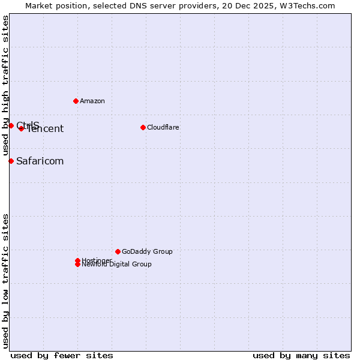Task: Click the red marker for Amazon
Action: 76,101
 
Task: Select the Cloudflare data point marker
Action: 143,127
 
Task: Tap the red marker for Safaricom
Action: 11,161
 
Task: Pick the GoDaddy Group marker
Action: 118,251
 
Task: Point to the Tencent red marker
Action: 21,128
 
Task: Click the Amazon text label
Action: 92,101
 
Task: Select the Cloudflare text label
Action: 163,127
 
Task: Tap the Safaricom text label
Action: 40,161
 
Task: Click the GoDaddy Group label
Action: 147,251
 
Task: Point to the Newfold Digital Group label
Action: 117,265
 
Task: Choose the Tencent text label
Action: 46,129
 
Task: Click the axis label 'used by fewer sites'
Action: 62,355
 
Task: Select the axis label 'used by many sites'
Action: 301,355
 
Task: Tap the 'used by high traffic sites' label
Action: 5,85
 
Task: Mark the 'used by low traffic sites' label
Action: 5,280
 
